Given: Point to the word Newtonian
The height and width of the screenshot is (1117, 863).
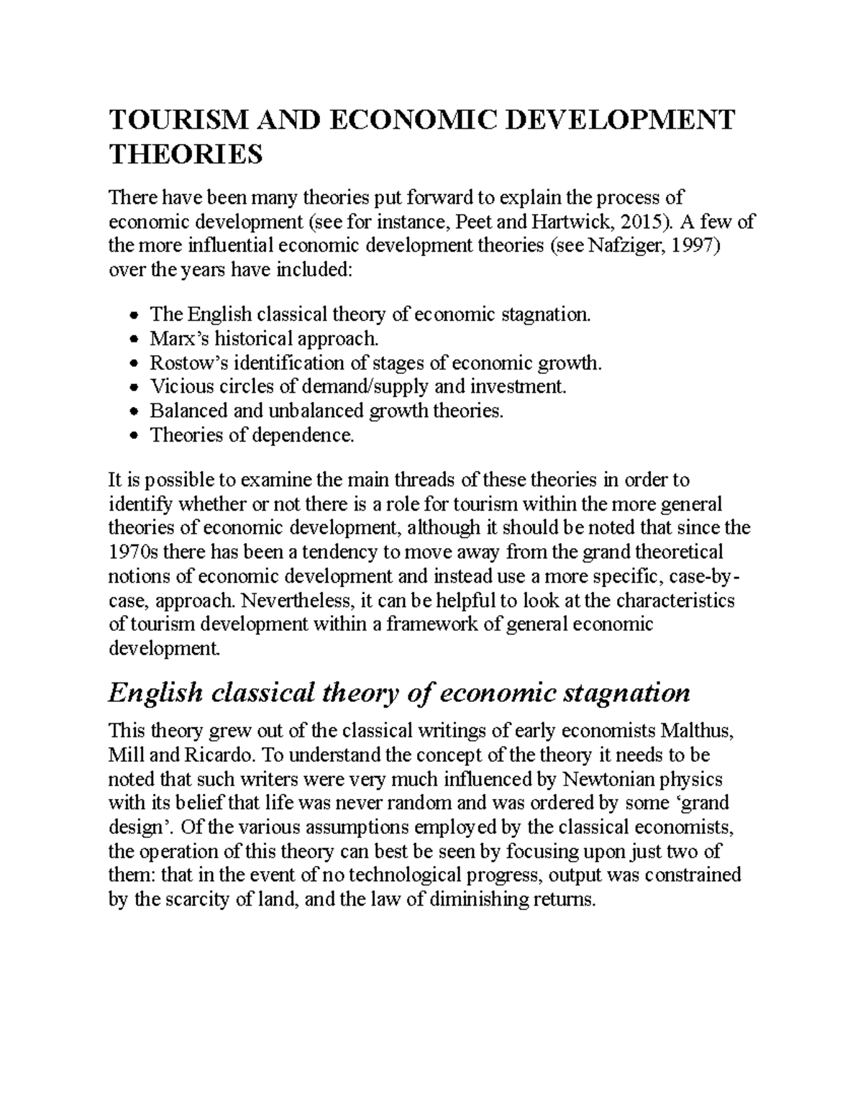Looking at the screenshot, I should tap(613, 779).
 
